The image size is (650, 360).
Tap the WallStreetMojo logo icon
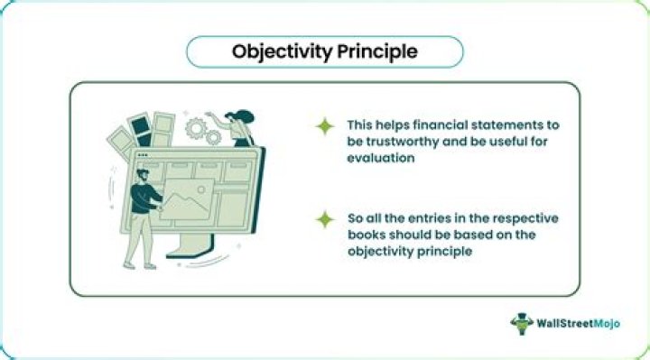[x=521, y=323]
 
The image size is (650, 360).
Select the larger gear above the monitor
[x=196, y=130]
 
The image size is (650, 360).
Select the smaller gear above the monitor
[x=213, y=138]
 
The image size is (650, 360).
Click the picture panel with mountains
[x=187, y=199]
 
